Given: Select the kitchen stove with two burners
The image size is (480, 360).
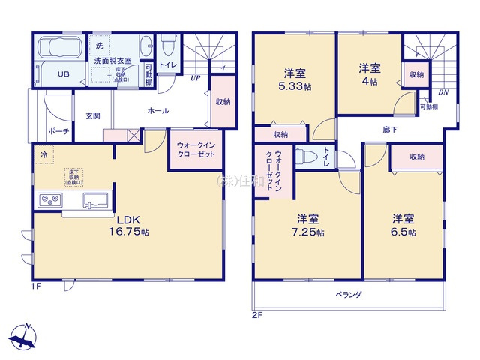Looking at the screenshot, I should pyautogui.click(x=49, y=200).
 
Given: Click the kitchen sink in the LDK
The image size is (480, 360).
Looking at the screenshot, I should pyautogui.click(x=94, y=200).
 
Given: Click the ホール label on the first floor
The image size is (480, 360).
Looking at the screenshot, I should pyautogui.click(x=157, y=110).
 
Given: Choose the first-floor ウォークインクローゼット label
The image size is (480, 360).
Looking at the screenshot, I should pyautogui.click(x=196, y=148).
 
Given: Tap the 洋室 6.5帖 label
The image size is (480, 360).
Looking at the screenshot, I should pyautogui.click(x=403, y=225).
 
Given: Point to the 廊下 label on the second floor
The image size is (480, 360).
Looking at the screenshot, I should pyautogui.click(x=390, y=129).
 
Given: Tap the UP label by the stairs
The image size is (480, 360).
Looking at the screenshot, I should pyautogui.click(x=194, y=77).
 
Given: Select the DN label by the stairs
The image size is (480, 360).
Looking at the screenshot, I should pyautogui.click(x=442, y=92).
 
